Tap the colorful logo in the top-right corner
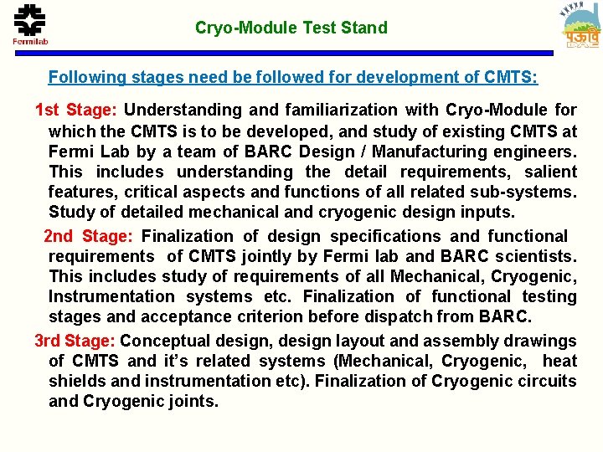point(580,27)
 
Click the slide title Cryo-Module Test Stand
point(291,28)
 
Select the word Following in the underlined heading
point(87,78)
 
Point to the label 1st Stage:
point(77,110)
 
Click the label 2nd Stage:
point(90,237)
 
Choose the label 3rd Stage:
point(75,341)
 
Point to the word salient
point(550,172)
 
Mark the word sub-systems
point(529,192)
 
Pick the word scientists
point(536,256)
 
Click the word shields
point(74,381)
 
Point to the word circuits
point(546,381)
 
